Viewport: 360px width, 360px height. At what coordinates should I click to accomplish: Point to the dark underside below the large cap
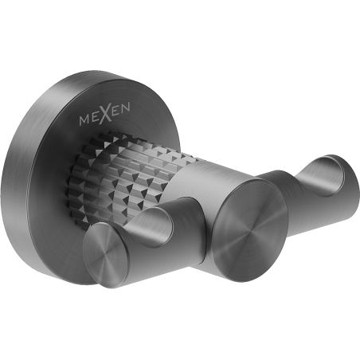pos(239,267)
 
